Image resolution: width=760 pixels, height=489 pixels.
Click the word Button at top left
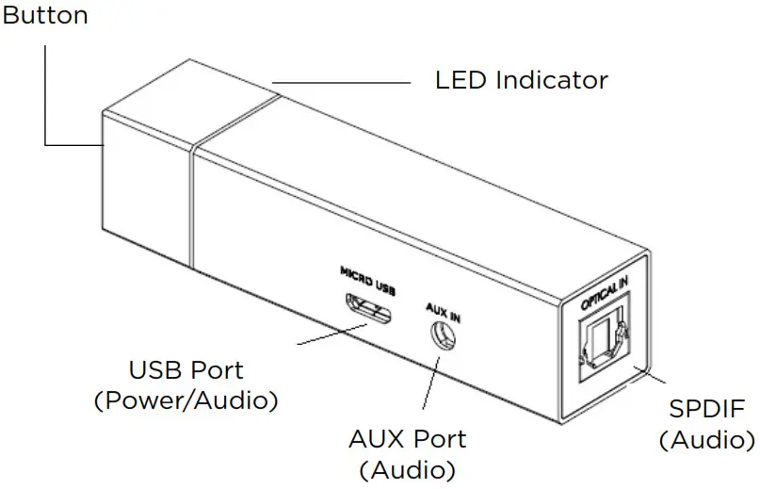click(x=44, y=15)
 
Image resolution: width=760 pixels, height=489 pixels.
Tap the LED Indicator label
click(x=521, y=79)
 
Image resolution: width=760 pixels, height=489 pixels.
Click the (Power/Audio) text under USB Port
click(x=186, y=400)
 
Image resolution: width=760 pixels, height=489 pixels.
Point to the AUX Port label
click(x=407, y=438)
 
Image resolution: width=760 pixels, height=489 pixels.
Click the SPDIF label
click(x=706, y=409)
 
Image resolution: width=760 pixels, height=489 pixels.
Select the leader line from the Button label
click(x=45, y=94)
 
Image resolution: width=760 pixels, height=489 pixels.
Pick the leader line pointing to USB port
click(x=330, y=335)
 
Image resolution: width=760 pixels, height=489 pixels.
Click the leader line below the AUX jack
click(x=429, y=384)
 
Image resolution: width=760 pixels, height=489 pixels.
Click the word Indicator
click(x=556, y=79)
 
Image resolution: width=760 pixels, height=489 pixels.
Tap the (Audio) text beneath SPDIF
click(x=706, y=440)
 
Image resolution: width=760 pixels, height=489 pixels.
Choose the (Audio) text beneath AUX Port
click(x=407, y=468)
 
